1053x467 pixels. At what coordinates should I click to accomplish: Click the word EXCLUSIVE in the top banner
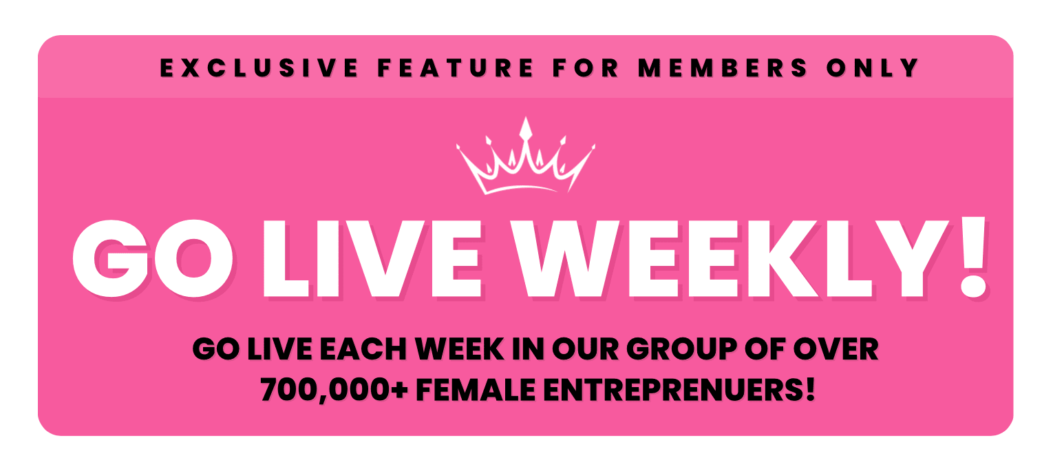(259, 68)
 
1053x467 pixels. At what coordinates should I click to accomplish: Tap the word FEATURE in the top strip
(456, 68)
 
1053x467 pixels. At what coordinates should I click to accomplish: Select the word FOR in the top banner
(586, 68)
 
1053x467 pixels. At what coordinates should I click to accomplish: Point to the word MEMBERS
(723, 68)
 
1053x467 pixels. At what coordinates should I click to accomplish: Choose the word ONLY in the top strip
(873, 68)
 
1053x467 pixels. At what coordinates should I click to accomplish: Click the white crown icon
(526, 156)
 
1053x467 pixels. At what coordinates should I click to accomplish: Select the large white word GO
(153, 259)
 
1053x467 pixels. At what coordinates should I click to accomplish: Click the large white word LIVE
(372, 259)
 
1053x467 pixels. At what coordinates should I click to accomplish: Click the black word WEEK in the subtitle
(459, 349)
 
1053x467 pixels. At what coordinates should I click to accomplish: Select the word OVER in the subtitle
(836, 349)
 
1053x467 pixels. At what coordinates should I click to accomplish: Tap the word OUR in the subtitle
(585, 349)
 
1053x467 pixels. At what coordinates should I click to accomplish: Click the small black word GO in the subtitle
(216, 349)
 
